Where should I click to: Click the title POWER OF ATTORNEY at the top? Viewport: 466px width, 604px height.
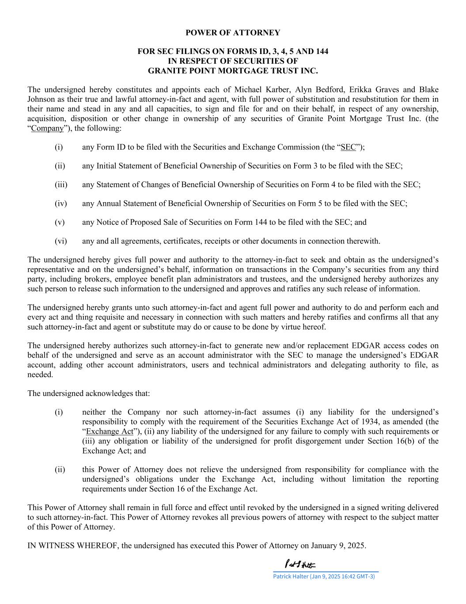(233, 33)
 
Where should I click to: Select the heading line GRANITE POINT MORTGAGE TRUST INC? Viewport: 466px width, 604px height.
(233, 71)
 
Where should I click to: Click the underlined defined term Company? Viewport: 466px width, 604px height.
(47, 128)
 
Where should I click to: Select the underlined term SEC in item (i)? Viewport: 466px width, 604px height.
(348, 147)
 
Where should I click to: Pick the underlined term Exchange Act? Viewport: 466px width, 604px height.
(110, 431)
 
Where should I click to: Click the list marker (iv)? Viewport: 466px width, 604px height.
(61, 204)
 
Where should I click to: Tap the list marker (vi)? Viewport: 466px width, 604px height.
(61, 241)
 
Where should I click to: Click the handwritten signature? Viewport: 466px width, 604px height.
(300, 565)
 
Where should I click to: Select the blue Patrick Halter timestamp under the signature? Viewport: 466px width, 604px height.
(324, 577)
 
